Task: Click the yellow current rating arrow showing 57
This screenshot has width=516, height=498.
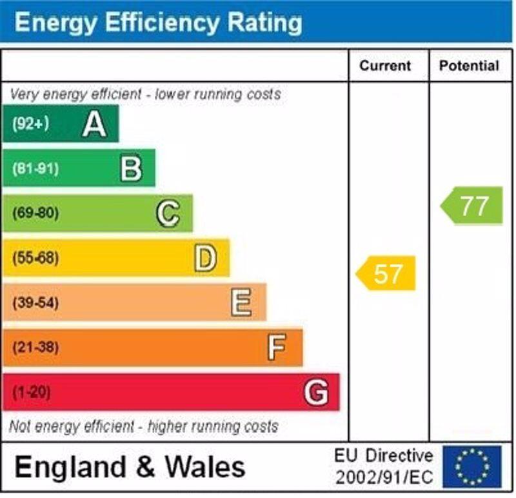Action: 386,274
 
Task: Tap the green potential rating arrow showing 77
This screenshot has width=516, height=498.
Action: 472,206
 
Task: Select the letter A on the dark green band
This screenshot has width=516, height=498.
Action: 94,124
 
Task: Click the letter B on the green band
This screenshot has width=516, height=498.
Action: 131,168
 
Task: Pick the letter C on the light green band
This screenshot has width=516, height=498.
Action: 168,214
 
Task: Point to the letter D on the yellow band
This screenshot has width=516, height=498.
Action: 205,258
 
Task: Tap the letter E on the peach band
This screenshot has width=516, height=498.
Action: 241,303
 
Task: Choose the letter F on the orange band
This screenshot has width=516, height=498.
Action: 277,348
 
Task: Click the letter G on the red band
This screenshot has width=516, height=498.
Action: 316,392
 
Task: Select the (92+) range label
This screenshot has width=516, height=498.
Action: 30,124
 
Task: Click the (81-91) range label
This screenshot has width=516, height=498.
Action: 35,169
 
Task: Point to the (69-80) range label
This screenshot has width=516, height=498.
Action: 35,214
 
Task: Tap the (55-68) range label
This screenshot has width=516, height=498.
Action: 35,258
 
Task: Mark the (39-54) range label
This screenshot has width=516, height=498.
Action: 35,303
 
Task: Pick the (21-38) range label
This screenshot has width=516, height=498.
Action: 35,348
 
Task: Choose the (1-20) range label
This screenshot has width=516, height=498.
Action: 32,392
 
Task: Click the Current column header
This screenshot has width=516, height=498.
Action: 385,66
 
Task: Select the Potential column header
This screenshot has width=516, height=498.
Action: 469,66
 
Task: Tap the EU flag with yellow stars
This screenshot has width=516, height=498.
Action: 471,466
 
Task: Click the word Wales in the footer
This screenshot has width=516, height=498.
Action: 205,466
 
